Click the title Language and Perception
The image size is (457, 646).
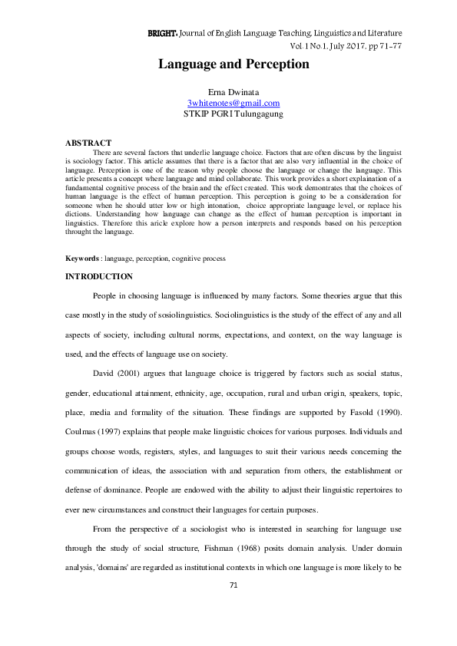click(x=233, y=64)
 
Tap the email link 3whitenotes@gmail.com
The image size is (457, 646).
click(x=233, y=102)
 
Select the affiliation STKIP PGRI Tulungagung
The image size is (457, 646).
click(x=233, y=113)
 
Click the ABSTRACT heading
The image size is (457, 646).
click(x=88, y=143)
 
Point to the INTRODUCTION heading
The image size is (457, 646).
click(x=98, y=276)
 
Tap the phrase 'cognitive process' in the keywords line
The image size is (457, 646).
click(x=200, y=259)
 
